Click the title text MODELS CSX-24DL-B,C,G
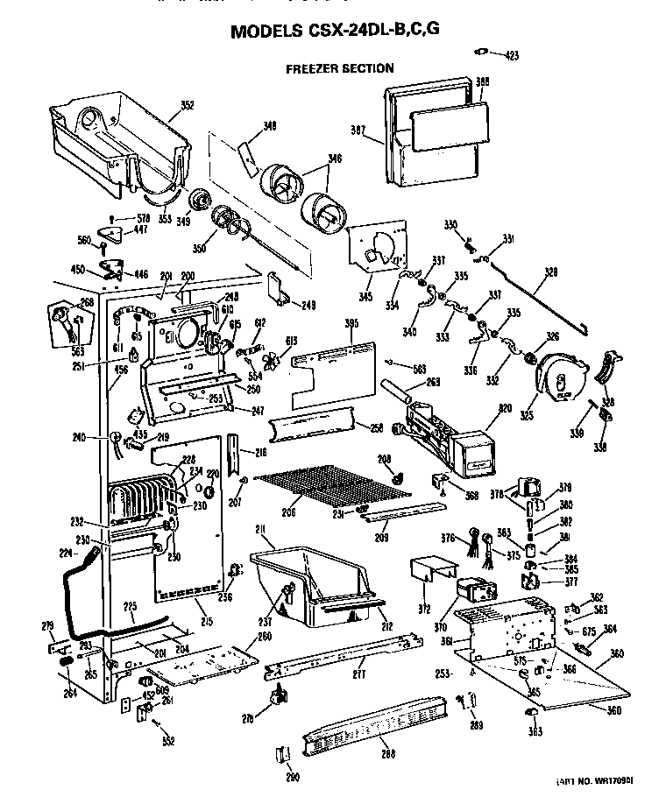click(334, 32)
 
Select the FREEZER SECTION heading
click(339, 68)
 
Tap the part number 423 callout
click(512, 55)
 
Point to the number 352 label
click(187, 106)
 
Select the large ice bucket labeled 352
click(118, 145)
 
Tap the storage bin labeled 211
click(314, 587)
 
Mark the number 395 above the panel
click(351, 324)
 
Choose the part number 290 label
click(293, 776)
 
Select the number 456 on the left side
click(120, 370)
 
